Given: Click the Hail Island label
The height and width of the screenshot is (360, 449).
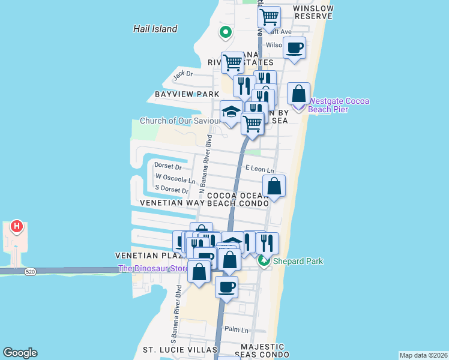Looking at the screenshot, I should (x=155, y=29).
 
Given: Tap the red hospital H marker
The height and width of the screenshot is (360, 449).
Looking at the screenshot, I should (x=17, y=227).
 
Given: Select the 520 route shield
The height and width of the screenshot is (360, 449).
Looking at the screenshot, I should (x=30, y=272).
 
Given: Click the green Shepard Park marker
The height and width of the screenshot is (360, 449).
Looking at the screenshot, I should (x=263, y=261).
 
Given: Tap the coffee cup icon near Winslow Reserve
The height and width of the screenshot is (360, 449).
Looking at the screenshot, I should (x=294, y=48).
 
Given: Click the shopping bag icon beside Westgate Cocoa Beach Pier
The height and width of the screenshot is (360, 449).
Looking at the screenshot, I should (x=298, y=94).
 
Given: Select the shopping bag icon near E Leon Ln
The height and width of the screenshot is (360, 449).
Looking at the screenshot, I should (x=274, y=186).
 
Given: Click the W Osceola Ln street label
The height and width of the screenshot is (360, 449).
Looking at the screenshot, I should (x=175, y=178).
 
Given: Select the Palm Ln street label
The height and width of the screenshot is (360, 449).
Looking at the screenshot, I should (x=237, y=329).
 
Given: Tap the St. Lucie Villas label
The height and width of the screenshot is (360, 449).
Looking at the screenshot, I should (x=179, y=350).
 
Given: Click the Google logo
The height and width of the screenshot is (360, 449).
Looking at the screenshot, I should (x=20, y=353).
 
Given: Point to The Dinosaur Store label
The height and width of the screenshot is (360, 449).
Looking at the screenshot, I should (x=154, y=268).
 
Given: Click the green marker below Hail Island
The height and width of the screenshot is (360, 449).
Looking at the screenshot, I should (x=225, y=32).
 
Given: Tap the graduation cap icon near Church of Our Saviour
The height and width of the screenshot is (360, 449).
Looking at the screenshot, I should (x=231, y=112).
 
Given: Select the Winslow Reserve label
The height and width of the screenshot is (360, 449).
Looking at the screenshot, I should (x=313, y=13).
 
